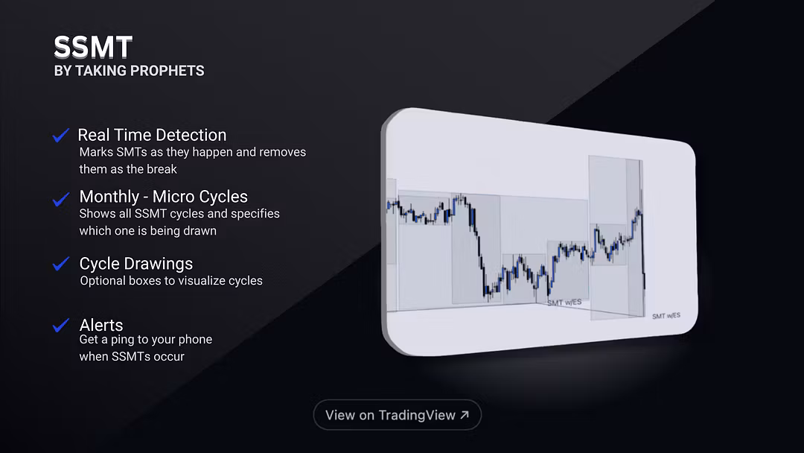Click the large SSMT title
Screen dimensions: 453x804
click(93, 48)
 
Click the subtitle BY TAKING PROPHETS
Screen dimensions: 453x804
click(129, 71)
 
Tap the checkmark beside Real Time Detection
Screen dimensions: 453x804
click(61, 136)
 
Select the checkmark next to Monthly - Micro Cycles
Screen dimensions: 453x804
click(61, 199)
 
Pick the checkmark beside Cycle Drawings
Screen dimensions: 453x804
click(61, 264)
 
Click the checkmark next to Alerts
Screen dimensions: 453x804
click(61, 326)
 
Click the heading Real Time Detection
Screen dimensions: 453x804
click(152, 135)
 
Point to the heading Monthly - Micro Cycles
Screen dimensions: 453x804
click(163, 197)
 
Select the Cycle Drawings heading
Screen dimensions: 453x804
click(135, 264)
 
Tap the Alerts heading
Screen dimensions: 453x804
click(100, 325)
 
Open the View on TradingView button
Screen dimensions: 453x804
click(397, 415)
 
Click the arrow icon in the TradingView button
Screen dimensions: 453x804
click(465, 415)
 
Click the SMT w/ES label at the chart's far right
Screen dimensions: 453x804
click(666, 316)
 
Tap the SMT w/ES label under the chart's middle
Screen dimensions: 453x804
click(564, 302)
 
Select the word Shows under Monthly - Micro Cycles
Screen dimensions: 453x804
click(98, 214)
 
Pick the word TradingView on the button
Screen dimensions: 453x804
click(416, 415)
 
